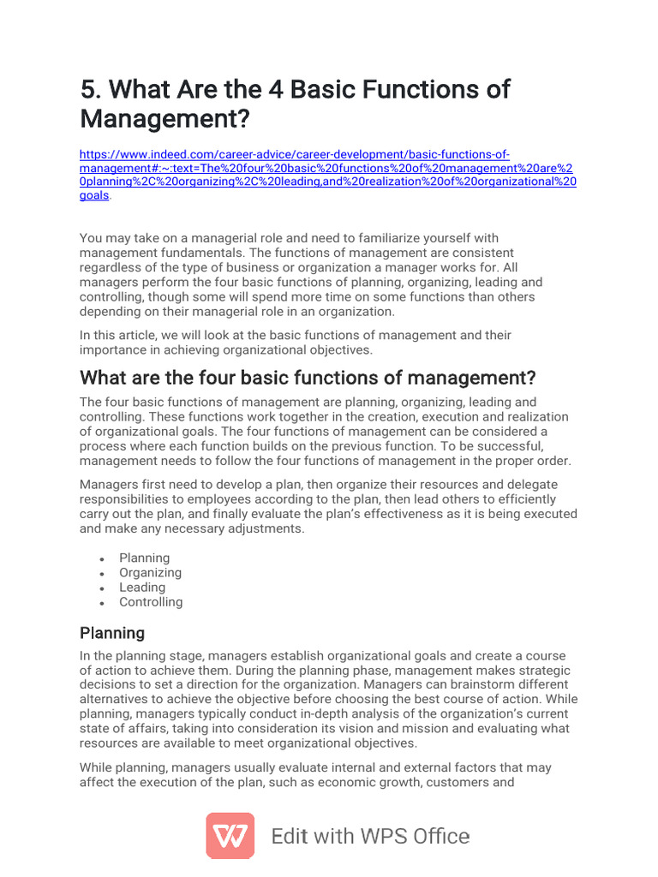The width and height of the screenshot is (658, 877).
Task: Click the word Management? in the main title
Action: (166, 118)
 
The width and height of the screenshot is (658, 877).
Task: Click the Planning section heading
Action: (112, 633)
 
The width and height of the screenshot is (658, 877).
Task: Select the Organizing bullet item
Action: (151, 572)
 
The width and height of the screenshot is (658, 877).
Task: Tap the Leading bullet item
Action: (142, 587)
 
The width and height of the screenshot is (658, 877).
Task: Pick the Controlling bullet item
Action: (151, 601)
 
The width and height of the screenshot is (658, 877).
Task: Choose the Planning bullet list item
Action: (145, 558)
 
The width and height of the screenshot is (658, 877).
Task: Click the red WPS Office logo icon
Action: (230, 836)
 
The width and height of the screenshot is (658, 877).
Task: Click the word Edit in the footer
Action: (289, 837)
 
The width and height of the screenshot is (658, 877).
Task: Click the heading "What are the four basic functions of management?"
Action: (308, 378)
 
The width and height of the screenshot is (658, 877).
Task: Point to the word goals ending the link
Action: (94, 195)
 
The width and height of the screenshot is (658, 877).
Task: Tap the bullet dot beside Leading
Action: (102, 588)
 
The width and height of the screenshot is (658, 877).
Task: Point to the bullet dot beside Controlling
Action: (102, 603)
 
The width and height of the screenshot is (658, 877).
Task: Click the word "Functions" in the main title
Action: (410, 89)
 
